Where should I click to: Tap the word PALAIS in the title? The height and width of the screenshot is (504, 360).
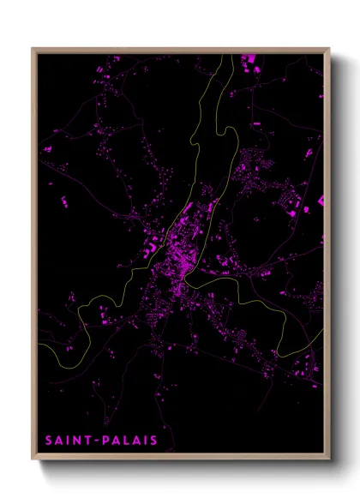coord(129,441)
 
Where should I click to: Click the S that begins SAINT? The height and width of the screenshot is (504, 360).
coord(50,441)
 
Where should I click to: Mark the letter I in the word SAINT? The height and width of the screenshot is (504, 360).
coord(69,441)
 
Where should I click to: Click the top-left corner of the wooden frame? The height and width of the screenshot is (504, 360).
coord(33,48)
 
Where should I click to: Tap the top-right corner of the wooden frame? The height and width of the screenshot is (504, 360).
coord(329,48)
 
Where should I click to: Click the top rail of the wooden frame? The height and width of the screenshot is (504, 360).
coord(180,50)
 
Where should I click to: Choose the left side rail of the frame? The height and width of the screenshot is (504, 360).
coord(34,257)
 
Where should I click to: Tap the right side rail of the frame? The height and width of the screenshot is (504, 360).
coord(327,257)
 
